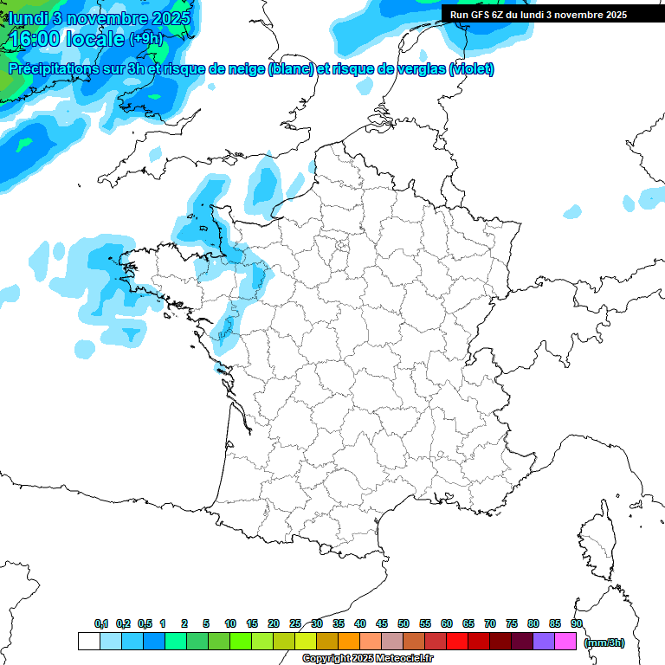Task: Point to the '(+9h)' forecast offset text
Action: (x=145, y=39)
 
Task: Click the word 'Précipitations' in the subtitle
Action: (x=51, y=69)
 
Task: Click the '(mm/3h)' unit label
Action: (x=604, y=642)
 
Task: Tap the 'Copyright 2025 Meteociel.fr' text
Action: (x=367, y=659)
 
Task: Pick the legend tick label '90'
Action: (x=576, y=623)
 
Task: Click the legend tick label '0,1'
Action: (x=101, y=623)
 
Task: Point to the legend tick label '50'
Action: (x=404, y=623)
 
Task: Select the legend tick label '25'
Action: (x=295, y=623)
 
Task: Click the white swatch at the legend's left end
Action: (x=88, y=641)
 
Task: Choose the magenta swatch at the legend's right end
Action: (x=565, y=641)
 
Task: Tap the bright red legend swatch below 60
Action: (x=457, y=641)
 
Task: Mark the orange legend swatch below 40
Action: (x=349, y=641)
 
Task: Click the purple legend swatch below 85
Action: (x=544, y=641)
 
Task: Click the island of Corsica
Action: (x=597, y=541)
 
